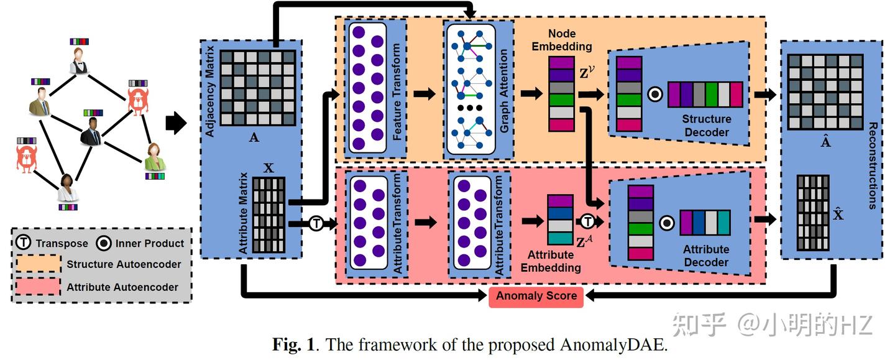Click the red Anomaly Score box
tap(536, 297)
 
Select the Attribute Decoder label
tap(705, 256)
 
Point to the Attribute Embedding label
tap(551, 261)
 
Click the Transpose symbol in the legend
tap(24, 243)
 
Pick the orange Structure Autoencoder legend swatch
tap(38, 264)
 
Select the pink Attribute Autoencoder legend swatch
tap(38, 287)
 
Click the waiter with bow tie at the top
tap(79, 61)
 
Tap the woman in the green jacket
tap(155, 157)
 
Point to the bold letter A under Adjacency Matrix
tap(254, 138)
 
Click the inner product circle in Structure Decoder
tap(654, 94)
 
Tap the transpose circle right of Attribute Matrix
tap(316, 223)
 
